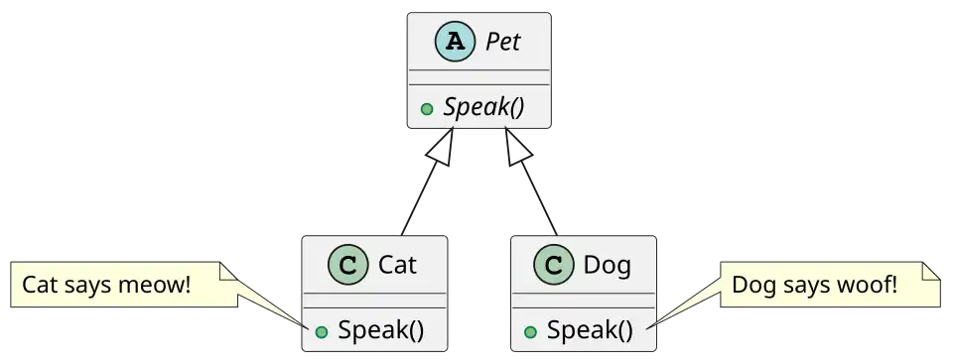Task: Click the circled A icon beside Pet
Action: click(456, 42)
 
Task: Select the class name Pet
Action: click(502, 42)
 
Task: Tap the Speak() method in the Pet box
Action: click(483, 107)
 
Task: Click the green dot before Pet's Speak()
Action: click(427, 109)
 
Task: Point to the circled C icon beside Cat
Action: click(347, 265)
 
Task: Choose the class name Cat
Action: click(397, 265)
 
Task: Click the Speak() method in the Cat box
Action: click(380, 330)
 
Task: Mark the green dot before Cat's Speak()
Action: click(322, 332)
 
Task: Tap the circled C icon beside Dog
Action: click(554, 265)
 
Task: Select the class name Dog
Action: click(608, 266)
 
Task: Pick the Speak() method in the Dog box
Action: click(590, 330)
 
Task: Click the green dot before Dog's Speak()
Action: click(530, 332)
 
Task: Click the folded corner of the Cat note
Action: click(228, 272)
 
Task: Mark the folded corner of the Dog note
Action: click(931, 272)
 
